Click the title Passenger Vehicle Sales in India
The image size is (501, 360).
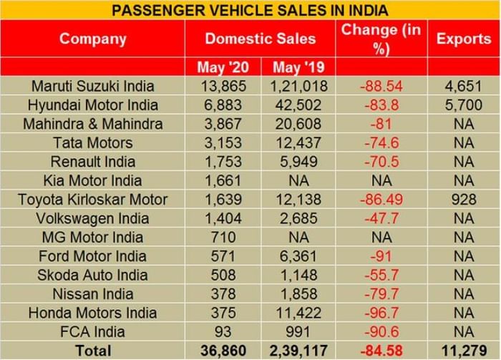[x=250, y=10]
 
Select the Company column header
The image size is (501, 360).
[x=92, y=39]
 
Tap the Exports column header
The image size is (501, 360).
[x=463, y=39]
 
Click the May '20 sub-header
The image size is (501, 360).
[x=223, y=67]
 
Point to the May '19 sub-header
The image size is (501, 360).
[x=298, y=67]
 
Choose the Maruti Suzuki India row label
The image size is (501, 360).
[x=92, y=87]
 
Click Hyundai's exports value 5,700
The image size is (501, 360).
[x=463, y=105]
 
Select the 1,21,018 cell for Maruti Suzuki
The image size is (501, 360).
[x=298, y=87]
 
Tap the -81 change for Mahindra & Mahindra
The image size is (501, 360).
[x=381, y=124]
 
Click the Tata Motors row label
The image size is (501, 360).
[x=92, y=142]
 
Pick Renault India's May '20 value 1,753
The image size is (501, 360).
[x=223, y=161]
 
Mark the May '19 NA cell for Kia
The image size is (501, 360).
[x=298, y=180]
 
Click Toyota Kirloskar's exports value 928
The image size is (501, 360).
[x=463, y=200]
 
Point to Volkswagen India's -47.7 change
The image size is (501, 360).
[x=381, y=218]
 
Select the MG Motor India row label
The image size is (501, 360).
[x=92, y=237]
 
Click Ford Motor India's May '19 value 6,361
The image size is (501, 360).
[x=298, y=256]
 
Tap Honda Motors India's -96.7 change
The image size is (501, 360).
[x=381, y=313]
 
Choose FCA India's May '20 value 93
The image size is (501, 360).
[x=223, y=331]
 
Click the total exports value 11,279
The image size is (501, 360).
[x=463, y=351]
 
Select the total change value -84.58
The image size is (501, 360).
[x=381, y=351]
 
